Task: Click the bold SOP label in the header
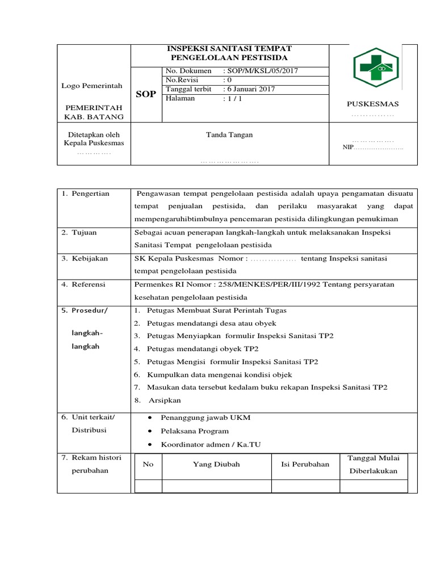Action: click(x=146, y=94)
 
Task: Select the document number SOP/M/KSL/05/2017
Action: click(x=262, y=71)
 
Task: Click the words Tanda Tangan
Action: click(x=229, y=134)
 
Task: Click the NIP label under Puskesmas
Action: click(x=347, y=148)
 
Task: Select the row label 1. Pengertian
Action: click(x=86, y=193)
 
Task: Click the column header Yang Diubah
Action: click(x=216, y=464)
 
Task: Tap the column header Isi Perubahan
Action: click(x=305, y=464)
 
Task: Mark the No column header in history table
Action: click(x=148, y=464)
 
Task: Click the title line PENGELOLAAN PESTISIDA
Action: click(x=229, y=58)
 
